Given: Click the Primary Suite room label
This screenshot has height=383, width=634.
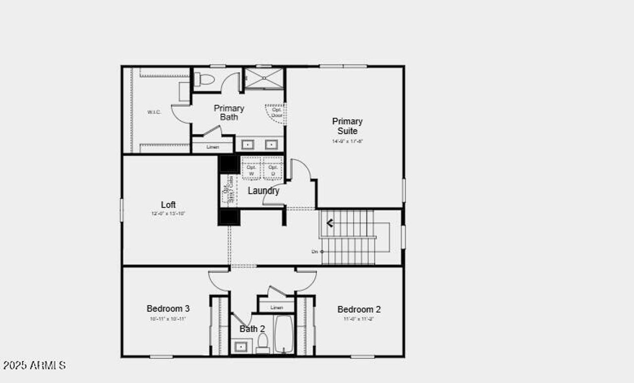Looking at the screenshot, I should (347, 126).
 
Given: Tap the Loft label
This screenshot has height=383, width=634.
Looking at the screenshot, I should (168, 204).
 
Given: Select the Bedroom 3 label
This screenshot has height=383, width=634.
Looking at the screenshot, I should (168, 308).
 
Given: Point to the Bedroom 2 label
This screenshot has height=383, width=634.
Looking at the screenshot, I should (359, 309).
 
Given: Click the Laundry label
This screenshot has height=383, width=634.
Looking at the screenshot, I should (264, 191).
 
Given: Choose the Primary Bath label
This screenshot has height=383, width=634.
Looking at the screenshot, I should (229, 113).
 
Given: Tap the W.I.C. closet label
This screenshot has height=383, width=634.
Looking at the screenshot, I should (154, 112).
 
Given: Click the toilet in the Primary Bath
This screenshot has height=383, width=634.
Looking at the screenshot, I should (204, 79).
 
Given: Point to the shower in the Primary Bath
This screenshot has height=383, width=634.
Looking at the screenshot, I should (264, 78).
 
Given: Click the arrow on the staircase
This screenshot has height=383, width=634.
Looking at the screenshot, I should (329, 223).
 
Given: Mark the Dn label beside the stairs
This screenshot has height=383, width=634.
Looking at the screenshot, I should (315, 252).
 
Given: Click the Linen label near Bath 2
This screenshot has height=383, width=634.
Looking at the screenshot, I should (276, 308).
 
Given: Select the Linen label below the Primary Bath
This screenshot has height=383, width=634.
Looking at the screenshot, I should (212, 147).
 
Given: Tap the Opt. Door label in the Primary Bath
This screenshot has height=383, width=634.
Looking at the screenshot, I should (277, 112).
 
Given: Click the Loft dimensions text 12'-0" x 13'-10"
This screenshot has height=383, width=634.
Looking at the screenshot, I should (168, 213).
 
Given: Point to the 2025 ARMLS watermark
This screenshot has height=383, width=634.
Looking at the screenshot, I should (34, 366).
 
